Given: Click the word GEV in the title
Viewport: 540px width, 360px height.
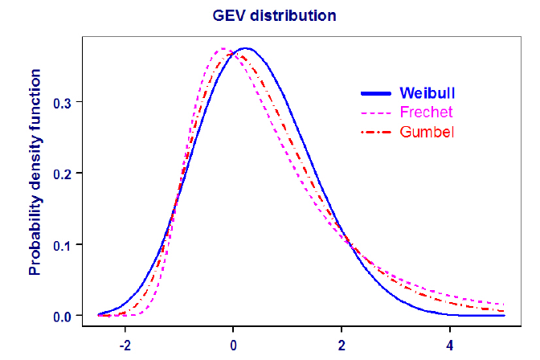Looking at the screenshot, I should tap(230, 14).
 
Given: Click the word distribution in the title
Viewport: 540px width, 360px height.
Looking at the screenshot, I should tap(290, 14).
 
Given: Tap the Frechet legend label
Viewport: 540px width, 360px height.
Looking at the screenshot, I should tap(426, 112).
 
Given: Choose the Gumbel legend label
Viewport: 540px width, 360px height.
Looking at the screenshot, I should tap(427, 131).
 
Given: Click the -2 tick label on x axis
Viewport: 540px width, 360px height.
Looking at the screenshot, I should tap(124, 347).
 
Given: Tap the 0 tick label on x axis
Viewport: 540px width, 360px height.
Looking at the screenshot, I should tap(233, 347).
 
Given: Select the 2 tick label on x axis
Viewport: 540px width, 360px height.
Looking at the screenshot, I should tap(342, 347).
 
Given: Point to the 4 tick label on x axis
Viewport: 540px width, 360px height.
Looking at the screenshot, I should tap(451, 347).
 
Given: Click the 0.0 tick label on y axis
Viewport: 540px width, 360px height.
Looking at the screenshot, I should tap(63, 315).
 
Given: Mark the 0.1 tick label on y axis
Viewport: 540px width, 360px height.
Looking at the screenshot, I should tap(63, 244).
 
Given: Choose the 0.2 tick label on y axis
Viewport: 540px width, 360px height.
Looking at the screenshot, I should tap(63, 174).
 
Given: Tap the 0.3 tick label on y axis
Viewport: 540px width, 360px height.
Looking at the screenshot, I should tap(63, 103).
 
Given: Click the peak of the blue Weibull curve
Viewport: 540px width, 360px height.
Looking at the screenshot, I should tap(247, 48).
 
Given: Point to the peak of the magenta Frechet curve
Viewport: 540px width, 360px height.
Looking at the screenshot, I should tap(222, 49).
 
